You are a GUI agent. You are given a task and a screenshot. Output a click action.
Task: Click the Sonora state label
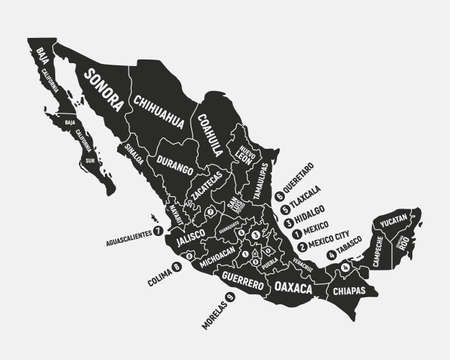[x=103, y=88]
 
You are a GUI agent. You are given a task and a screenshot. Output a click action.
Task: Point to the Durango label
[x=171, y=163]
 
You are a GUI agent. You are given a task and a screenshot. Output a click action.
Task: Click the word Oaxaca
[x=295, y=288]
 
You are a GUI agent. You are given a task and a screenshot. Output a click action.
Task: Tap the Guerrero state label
[x=243, y=280]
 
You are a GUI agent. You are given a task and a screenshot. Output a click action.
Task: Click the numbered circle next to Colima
[x=177, y=267]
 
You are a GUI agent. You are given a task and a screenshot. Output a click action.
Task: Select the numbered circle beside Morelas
[x=229, y=296]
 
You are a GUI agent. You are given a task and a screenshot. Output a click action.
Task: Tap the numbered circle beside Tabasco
[x=331, y=253]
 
